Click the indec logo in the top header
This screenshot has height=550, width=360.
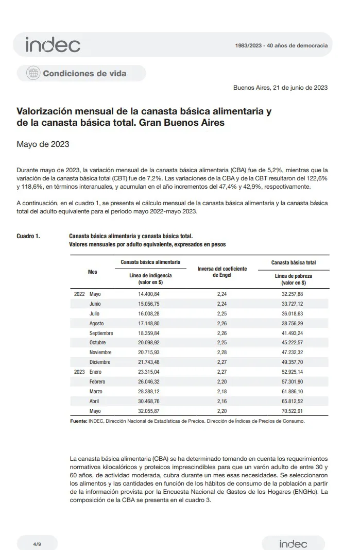pyautogui.click(x=53, y=45)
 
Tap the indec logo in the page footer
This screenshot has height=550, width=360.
pyautogui.click(x=293, y=544)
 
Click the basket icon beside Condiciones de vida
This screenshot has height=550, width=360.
pyautogui.click(x=33, y=73)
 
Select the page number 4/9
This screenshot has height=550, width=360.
pyautogui.click(x=37, y=544)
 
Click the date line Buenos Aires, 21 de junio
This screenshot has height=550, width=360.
pyautogui.click(x=280, y=88)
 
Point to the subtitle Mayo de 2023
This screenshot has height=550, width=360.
pyautogui.click(x=43, y=144)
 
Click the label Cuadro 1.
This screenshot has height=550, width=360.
pyautogui.click(x=28, y=236)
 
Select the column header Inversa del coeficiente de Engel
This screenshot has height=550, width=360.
pyautogui.click(x=222, y=272)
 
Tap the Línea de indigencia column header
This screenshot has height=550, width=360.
pyautogui.click(x=150, y=279)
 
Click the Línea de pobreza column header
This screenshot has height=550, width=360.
pyautogui.click(x=293, y=279)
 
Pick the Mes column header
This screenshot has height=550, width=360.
pyautogui.click(x=92, y=272)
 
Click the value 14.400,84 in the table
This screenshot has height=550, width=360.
pyautogui.click(x=149, y=294)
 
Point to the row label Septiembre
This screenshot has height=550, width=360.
pyautogui.click(x=101, y=333)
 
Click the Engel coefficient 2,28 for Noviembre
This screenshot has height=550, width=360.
pyautogui.click(x=222, y=353)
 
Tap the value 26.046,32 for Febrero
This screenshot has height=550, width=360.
pyautogui.click(x=149, y=381)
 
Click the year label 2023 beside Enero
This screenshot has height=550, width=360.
pyautogui.click(x=79, y=372)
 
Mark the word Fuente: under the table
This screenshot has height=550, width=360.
pyautogui.click(x=78, y=421)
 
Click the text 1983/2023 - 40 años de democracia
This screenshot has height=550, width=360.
pyautogui.click(x=281, y=45)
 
